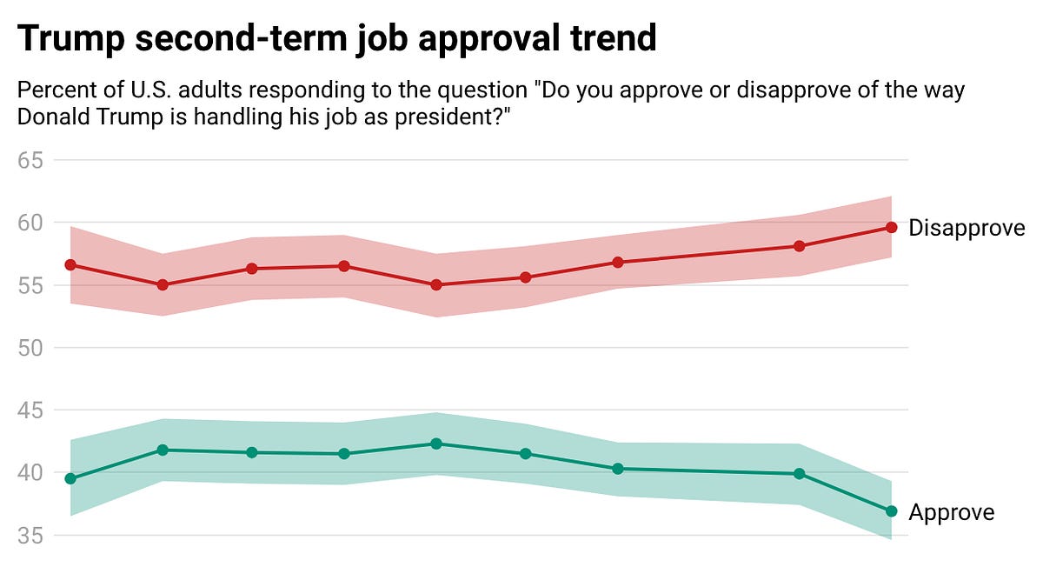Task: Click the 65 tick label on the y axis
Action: (34, 160)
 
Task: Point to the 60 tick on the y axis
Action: (34, 223)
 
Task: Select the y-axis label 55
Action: (34, 285)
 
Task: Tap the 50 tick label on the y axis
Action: (34, 348)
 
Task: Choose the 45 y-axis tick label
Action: (34, 410)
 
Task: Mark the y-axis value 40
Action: (34, 473)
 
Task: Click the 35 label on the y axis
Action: (34, 536)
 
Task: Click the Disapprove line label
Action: (967, 228)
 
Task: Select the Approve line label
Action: (951, 512)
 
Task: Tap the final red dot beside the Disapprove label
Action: (891, 228)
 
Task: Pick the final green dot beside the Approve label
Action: (891, 511)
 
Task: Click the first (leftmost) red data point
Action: (70, 264)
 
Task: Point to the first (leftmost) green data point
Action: (70, 479)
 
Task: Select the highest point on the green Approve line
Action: (436, 444)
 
